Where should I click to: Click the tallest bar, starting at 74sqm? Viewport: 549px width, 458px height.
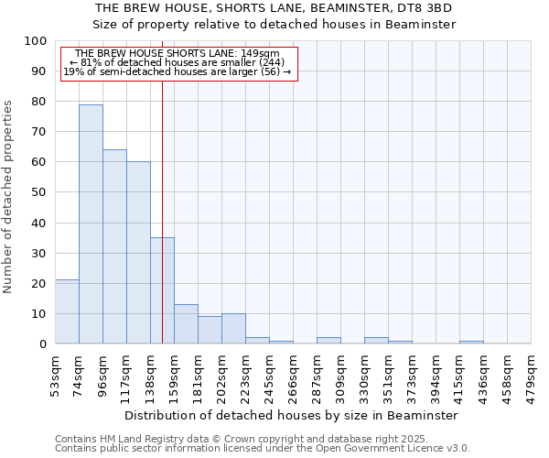pos(91,224)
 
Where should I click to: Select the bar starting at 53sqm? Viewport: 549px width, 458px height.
pos(67,311)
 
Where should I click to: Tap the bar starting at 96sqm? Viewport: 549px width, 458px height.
pos(114,246)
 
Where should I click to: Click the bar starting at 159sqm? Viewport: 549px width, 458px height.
pos(186,324)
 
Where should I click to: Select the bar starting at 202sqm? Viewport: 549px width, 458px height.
pos(233,329)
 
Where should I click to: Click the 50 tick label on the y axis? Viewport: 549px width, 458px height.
pos(39,192)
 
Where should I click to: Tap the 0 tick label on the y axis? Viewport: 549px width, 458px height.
pos(43,344)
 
